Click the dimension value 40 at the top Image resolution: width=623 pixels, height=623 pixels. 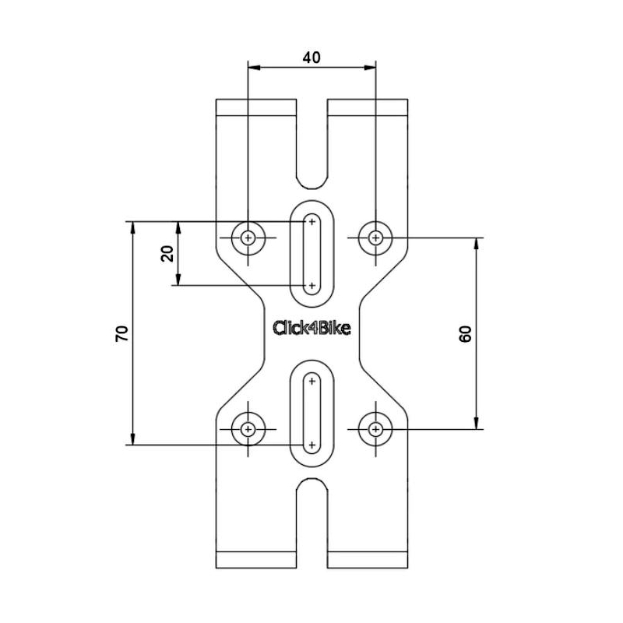click(x=311, y=58)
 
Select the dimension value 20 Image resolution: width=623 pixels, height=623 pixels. click(x=167, y=254)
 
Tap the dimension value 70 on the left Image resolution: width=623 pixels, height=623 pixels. click(x=122, y=333)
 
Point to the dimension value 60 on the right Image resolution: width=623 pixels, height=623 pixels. click(x=465, y=333)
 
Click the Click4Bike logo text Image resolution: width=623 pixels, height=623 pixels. click(x=311, y=328)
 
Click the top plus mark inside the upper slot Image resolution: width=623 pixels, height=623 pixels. click(x=312, y=222)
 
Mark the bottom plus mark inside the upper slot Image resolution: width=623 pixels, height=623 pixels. click(x=312, y=286)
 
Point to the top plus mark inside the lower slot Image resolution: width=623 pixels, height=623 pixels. click(x=312, y=382)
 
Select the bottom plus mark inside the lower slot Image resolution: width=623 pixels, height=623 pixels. click(x=312, y=445)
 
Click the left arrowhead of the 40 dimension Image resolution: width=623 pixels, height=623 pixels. click(x=254, y=68)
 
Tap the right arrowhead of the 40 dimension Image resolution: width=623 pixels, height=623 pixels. click(x=370, y=68)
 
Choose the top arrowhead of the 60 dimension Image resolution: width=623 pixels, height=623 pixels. click(x=477, y=244)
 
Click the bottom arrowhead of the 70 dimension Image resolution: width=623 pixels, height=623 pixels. click(x=132, y=438)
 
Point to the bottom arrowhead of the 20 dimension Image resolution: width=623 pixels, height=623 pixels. click(x=178, y=280)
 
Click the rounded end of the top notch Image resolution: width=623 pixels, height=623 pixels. click(x=312, y=188)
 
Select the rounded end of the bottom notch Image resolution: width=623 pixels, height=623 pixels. click(x=312, y=479)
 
